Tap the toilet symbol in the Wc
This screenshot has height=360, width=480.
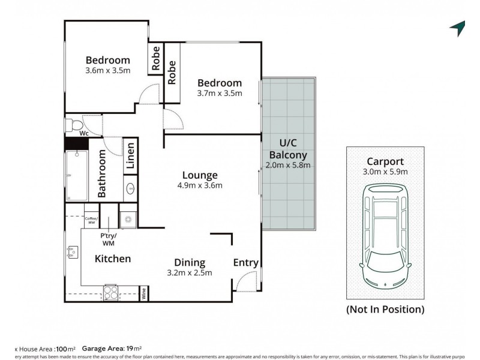(76, 125)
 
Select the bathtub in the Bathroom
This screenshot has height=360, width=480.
(77, 175)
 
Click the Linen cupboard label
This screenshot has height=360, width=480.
(130, 157)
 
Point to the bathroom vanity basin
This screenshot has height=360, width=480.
(131, 191)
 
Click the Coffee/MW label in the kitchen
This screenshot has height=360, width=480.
(91, 220)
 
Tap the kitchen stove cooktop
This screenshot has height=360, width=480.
(112, 292)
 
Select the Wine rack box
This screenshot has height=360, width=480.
(144, 293)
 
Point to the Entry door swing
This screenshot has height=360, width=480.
(247, 282)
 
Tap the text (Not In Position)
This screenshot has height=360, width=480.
(385, 310)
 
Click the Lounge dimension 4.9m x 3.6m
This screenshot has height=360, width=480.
(200, 185)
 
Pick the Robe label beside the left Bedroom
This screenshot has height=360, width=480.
(155, 60)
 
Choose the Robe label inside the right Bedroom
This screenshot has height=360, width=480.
(172, 72)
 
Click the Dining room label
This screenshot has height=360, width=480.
(190, 262)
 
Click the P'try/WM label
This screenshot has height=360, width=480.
(109, 239)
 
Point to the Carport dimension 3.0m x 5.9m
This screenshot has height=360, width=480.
(385, 172)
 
